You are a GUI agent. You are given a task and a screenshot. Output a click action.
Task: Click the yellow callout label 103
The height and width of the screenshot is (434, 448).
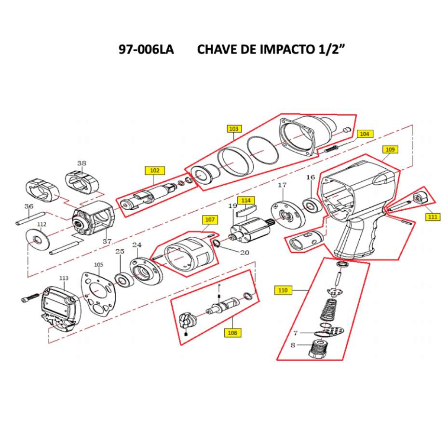234,129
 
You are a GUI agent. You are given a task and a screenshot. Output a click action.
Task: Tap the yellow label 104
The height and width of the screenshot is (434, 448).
365,134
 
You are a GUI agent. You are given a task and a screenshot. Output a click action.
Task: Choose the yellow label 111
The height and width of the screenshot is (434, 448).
433,217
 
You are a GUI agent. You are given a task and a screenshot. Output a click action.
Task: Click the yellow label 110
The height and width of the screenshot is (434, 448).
283,290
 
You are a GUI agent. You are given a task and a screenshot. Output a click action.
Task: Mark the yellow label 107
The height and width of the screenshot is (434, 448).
209,220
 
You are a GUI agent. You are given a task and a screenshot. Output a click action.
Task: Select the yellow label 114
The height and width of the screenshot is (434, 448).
246,200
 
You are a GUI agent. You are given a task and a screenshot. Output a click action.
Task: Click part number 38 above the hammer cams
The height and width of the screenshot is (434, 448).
81,163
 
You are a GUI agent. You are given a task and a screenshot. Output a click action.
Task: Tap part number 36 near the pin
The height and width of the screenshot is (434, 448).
29,206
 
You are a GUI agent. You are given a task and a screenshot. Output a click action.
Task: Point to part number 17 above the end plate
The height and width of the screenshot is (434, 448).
282,185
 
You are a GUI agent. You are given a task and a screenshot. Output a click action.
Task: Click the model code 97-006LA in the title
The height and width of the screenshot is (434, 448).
146,50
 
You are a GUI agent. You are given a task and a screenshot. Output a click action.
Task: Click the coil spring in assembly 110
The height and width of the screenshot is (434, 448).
329,310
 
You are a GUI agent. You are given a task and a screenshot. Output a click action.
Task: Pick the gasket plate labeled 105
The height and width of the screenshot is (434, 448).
98,292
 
